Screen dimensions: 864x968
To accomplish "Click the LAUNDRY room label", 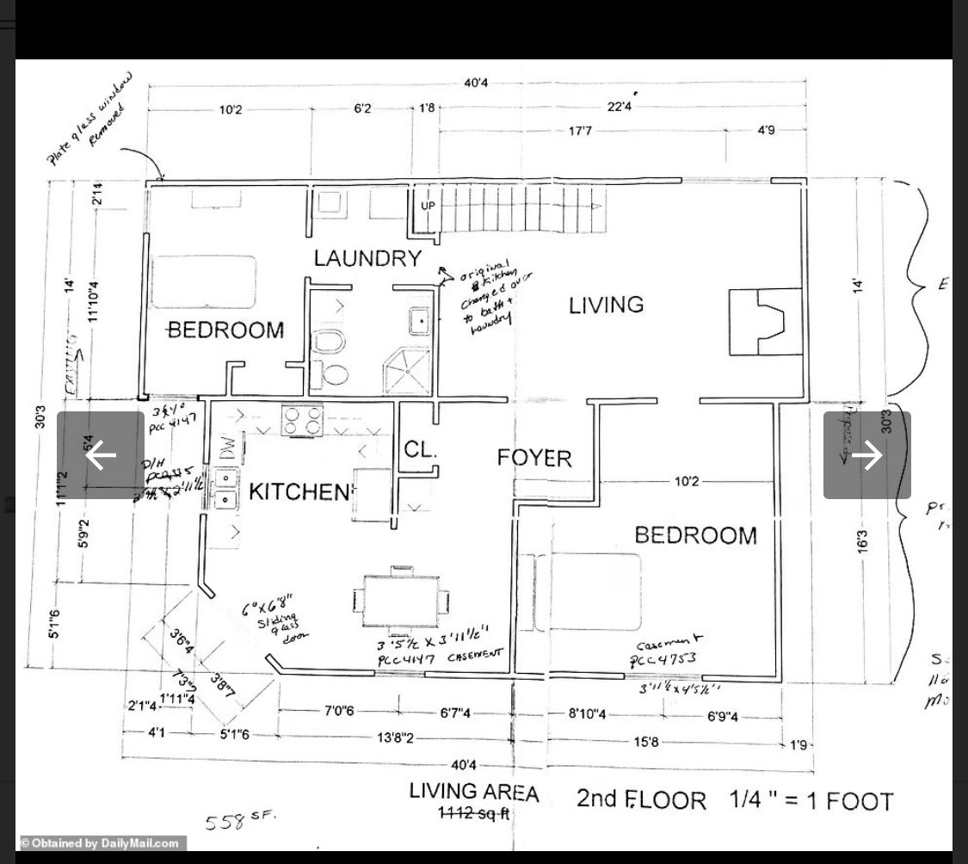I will [367, 258].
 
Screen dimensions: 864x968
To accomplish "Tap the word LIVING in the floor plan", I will [606, 305].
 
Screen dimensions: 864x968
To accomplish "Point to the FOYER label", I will [533, 458].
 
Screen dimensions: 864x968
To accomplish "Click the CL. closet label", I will [421, 450].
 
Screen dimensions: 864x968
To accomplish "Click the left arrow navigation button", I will [101, 454].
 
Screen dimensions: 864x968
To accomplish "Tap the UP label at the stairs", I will [428, 207].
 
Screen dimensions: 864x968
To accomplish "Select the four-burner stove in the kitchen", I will [302, 420].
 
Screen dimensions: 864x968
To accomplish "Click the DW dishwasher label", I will [225, 447].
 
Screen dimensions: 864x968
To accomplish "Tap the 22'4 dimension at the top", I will [620, 107].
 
